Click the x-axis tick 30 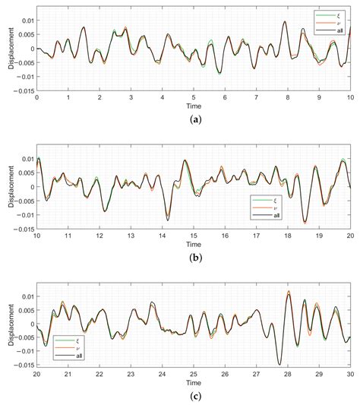point(349,374)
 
